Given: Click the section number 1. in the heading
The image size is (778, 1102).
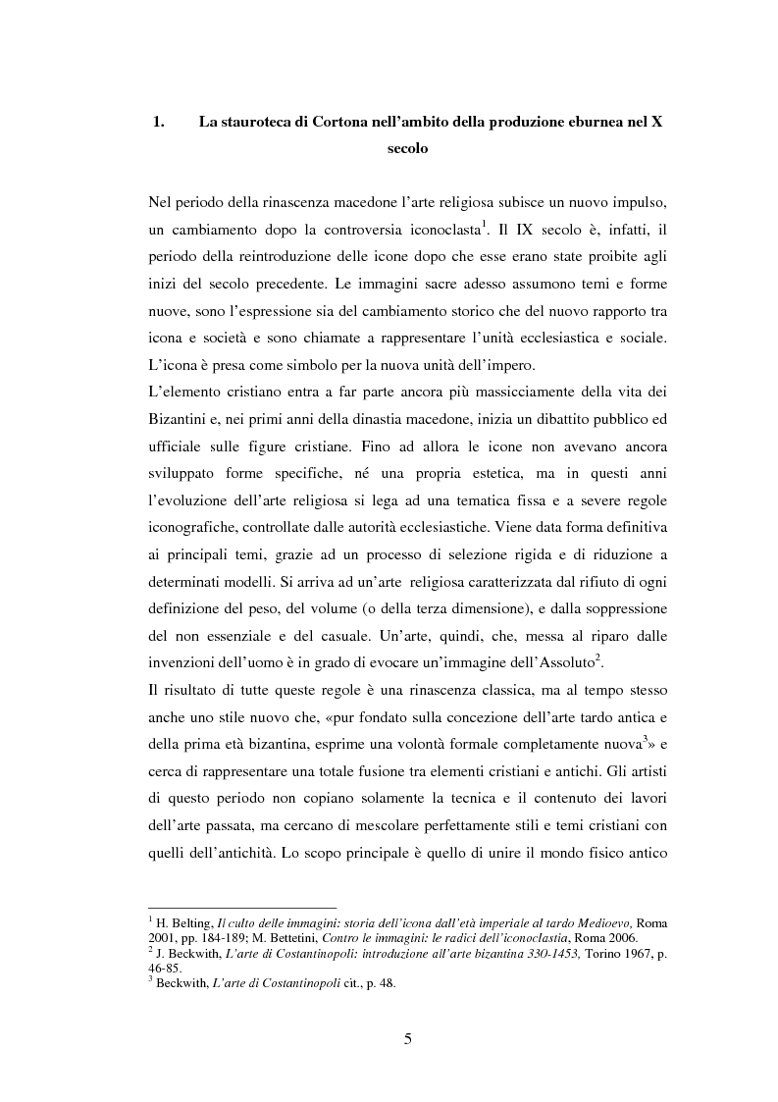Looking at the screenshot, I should click(x=156, y=123).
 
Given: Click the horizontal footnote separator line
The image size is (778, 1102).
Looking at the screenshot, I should click(x=240, y=908).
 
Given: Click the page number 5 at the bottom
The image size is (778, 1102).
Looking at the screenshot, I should click(x=407, y=1039).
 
